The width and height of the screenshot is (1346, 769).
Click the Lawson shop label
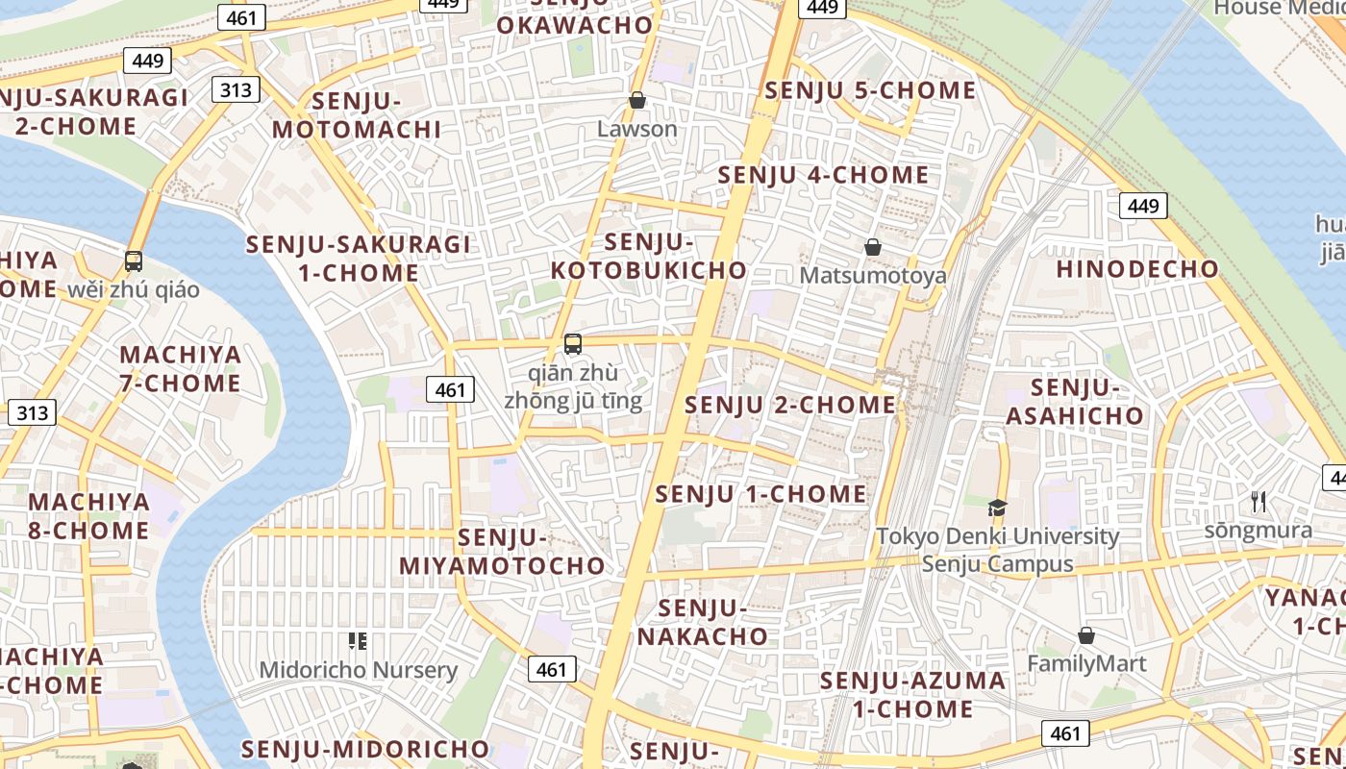(x=636, y=129)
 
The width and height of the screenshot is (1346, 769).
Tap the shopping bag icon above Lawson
(x=636, y=100)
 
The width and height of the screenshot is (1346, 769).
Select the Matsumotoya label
(x=873, y=276)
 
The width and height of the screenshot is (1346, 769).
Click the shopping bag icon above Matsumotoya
(x=873, y=247)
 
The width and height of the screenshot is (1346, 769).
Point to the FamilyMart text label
(x=1086, y=664)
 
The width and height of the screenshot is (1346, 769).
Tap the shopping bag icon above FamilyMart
(x=1086, y=635)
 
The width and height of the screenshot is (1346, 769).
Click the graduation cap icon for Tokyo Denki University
(x=997, y=507)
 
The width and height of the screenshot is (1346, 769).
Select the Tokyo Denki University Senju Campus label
(x=997, y=550)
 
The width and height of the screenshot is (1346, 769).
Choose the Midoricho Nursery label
(x=358, y=670)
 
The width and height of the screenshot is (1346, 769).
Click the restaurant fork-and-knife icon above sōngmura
(x=1258, y=501)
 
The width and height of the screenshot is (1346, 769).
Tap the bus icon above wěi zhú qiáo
(x=134, y=260)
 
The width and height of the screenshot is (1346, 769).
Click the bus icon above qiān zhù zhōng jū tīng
(x=573, y=343)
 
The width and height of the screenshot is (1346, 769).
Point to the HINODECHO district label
(x=1137, y=269)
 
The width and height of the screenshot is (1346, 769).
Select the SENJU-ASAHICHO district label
(x=1075, y=402)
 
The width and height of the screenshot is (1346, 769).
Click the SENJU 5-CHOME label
(x=870, y=90)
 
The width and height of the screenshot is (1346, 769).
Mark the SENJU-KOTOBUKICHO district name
(x=650, y=256)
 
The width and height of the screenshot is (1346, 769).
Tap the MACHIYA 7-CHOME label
(x=180, y=369)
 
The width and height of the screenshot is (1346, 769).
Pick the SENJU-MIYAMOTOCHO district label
(x=502, y=552)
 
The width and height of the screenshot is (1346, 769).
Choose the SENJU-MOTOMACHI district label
(x=357, y=115)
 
